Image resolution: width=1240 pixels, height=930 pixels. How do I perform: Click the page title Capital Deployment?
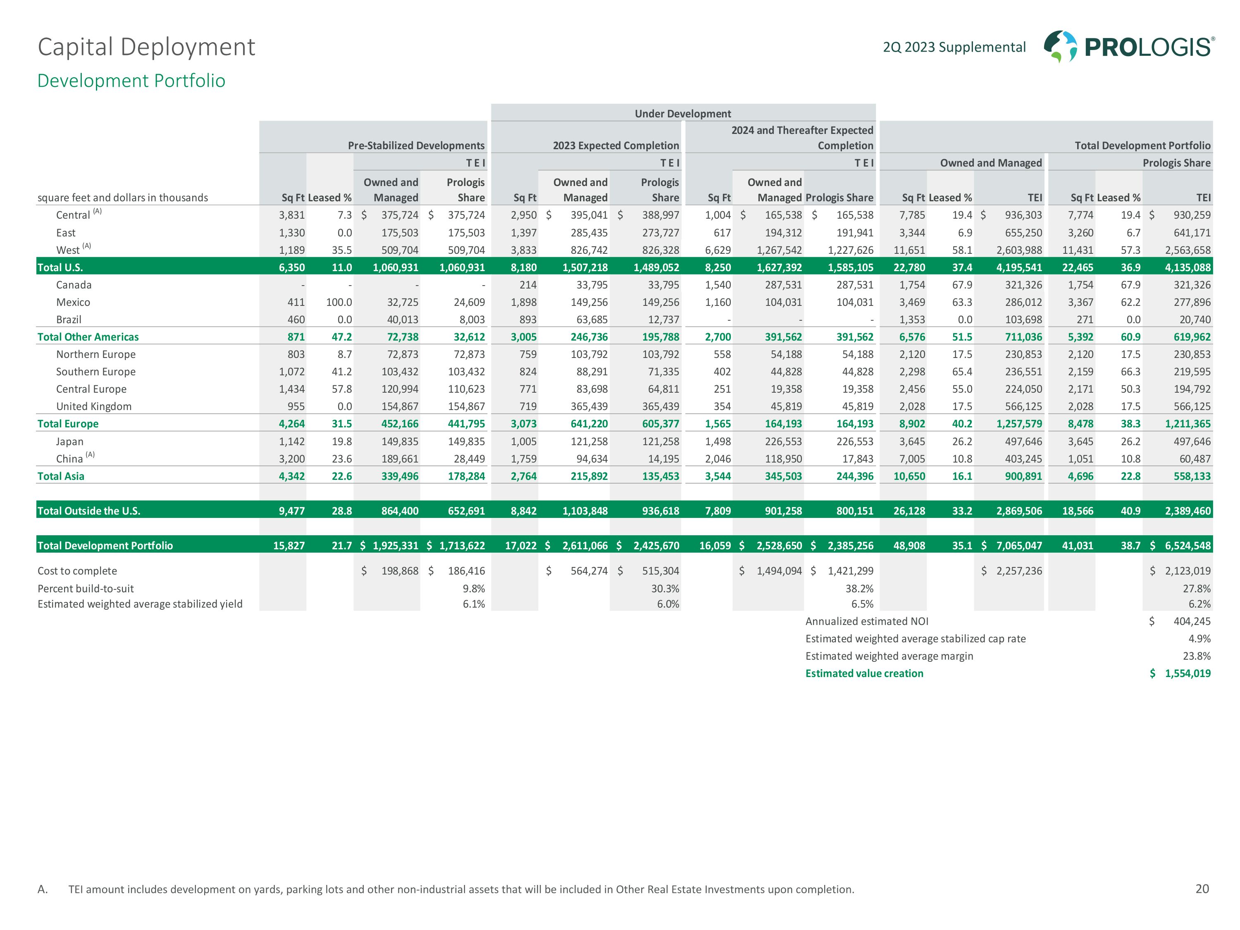[x=146, y=47]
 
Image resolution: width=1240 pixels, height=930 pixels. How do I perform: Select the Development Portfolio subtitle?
[x=131, y=81]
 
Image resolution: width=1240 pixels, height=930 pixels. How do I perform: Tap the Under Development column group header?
[x=682, y=114]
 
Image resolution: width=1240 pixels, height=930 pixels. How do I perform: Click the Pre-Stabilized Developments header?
[x=416, y=146]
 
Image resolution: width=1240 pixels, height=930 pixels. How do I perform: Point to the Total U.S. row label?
[x=60, y=267]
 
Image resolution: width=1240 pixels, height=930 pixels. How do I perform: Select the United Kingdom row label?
[x=93, y=406]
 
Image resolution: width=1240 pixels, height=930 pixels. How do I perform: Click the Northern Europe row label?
[x=95, y=354]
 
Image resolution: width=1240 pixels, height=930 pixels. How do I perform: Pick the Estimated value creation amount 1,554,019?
[x=1188, y=673]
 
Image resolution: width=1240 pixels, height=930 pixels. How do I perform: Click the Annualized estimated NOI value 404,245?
[x=1192, y=621]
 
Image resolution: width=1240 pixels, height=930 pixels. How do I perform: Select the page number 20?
[x=1202, y=889]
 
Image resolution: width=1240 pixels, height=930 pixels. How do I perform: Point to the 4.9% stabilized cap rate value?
[x=1199, y=639]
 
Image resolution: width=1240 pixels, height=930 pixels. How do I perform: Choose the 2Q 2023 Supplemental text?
[x=954, y=47]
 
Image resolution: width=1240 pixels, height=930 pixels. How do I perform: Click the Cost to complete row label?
[x=77, y=571]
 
